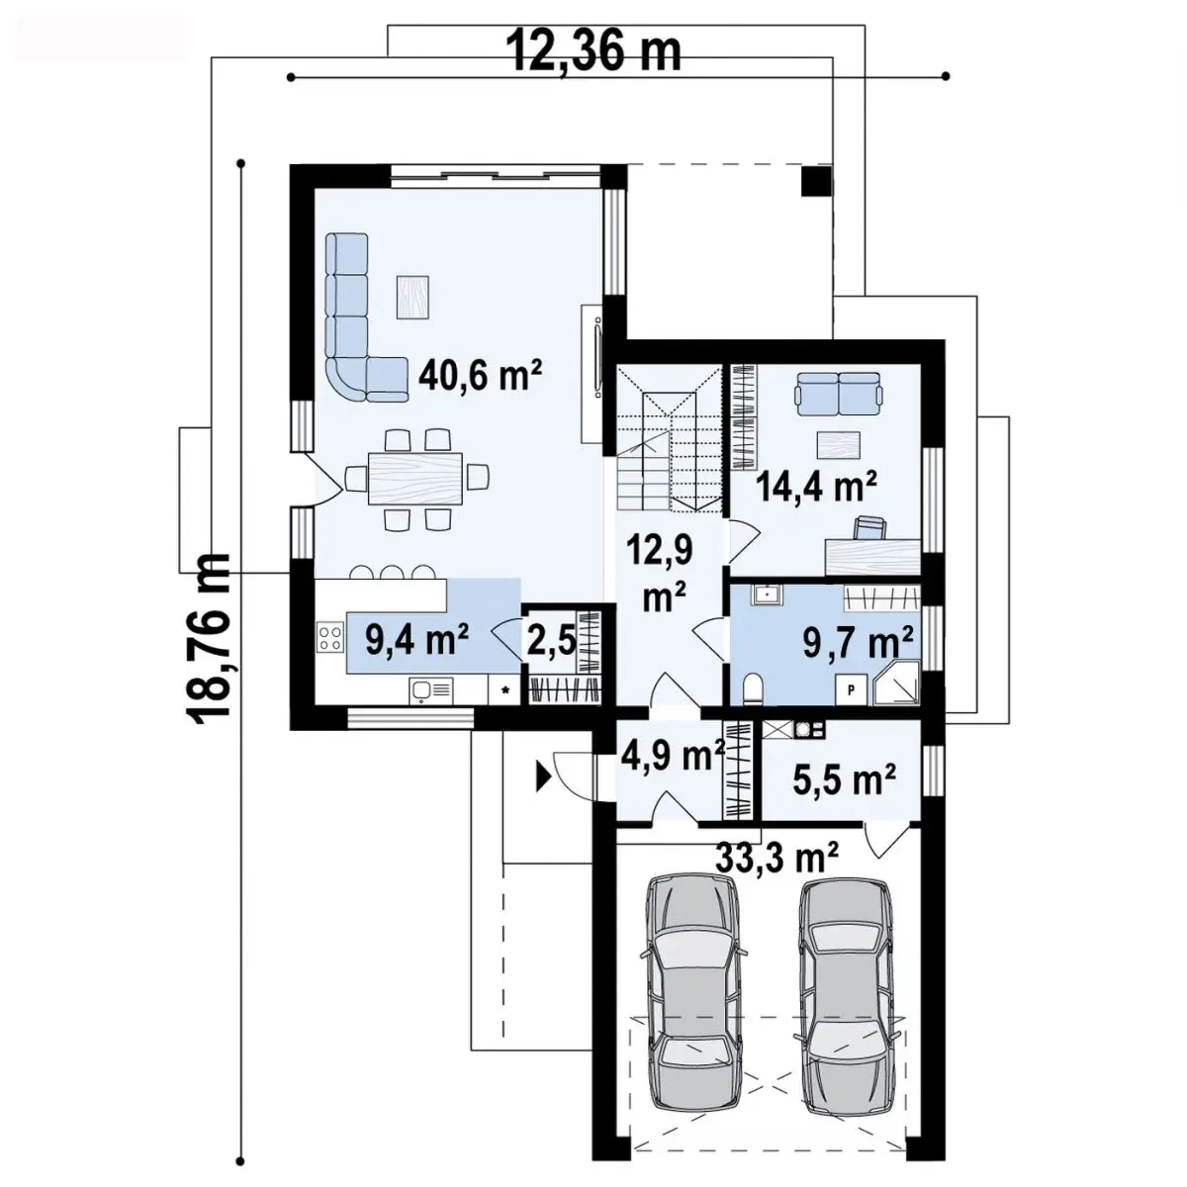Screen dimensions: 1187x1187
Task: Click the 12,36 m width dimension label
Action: click(594, 51)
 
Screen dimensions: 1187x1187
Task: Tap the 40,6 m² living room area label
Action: click(481, 376)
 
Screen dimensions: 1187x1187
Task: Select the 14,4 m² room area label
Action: click(816, 487)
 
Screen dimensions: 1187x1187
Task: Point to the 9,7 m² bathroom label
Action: click(857, 644)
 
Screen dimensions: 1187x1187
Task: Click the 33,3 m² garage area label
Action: click(776, 858)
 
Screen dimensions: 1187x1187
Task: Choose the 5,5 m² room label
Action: click(842, 781)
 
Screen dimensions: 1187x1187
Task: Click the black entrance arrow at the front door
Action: click(543, 776)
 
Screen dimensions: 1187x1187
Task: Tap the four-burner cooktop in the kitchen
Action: click(330, 637)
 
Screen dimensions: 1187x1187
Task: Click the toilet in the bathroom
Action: click(753, 687)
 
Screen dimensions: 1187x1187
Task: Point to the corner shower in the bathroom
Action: click(897, 683)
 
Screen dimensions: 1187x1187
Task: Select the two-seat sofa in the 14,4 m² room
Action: click(838, 394)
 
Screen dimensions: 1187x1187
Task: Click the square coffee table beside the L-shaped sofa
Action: click(412, 297)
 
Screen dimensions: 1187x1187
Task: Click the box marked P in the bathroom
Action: click(852, 689)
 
